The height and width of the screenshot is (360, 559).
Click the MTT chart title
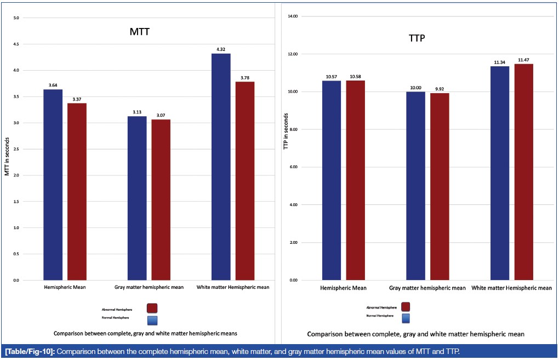[136, 32]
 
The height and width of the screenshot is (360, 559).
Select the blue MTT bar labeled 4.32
[221, 167]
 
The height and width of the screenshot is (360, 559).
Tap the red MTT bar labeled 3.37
[77, 191]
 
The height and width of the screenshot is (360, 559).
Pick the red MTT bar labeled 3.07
[161, 199]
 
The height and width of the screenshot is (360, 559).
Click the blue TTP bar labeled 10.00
[416, 186]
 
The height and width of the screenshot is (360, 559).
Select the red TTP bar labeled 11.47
[524, 172]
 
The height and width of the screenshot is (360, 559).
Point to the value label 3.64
[53, 85]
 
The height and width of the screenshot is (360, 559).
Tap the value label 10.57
[332, 76]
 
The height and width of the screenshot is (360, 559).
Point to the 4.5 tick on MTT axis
[16, 44]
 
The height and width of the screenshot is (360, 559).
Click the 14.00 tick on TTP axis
[292, 16]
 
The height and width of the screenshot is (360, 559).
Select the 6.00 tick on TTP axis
[293, 167]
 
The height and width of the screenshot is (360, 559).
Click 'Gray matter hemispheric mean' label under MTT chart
[149, 287]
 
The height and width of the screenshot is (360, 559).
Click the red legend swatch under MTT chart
[152, 308]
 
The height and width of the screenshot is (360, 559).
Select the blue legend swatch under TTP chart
[406, 317]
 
